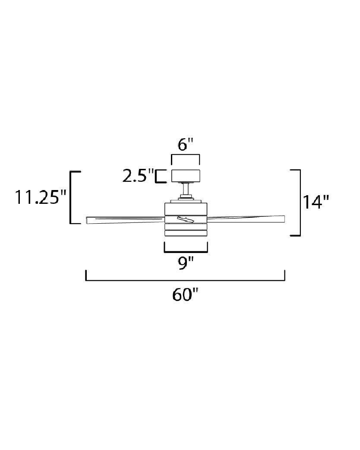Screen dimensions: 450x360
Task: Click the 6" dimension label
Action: (186, 145)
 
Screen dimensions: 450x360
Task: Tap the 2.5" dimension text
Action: (138, 176)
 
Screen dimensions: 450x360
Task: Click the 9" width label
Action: (186, 262)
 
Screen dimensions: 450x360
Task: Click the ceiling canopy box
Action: (186, 176)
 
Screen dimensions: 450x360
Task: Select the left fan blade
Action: (125, 219)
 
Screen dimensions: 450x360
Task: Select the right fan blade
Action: (246, 219)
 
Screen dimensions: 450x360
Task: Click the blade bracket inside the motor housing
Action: (186, 219)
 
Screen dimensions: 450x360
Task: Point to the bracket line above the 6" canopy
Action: (186, 155)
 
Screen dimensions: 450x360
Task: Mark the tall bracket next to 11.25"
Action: (71, 197)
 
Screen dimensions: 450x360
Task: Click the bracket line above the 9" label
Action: (186, 251)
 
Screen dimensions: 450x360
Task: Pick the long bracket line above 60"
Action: (185, 280)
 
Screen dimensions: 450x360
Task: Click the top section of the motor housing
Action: (186, 209)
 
